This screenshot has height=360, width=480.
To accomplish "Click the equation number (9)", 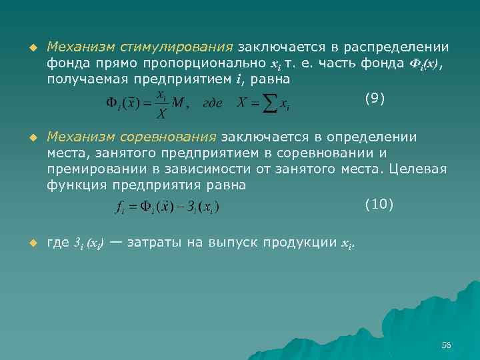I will click(x=375, y=99).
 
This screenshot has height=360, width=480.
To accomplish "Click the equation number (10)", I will click(x=379, y=204).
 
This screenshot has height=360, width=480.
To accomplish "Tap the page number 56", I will click(x=447, y=345).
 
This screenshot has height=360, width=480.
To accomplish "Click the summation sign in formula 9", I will click(x=269, y=104).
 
